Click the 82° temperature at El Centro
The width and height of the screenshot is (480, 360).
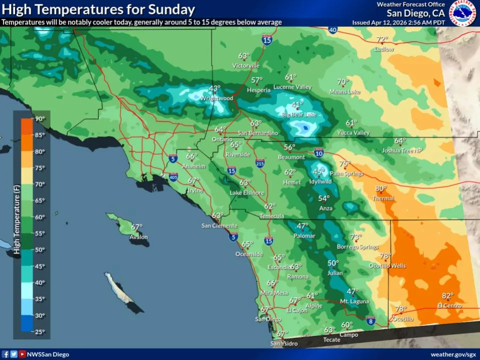coord(447,296)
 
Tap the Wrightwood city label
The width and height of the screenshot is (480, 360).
coord(217,99)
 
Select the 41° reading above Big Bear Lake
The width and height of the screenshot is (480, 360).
coord(297,105)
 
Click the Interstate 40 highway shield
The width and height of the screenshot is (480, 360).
coord(333,30)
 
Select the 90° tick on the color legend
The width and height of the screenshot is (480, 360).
coord(40,119)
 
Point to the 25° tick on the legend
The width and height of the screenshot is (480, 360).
coord(40,331)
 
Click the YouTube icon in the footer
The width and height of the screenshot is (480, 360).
coord(22,354)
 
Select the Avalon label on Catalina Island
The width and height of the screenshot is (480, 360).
coord(139,237)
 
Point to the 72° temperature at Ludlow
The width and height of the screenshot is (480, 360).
coord(382,40)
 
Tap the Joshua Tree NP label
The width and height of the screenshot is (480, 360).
coord(402,150)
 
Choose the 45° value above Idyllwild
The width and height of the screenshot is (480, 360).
coord(319,172)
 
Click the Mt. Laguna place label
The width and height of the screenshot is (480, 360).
coord(354,301)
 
